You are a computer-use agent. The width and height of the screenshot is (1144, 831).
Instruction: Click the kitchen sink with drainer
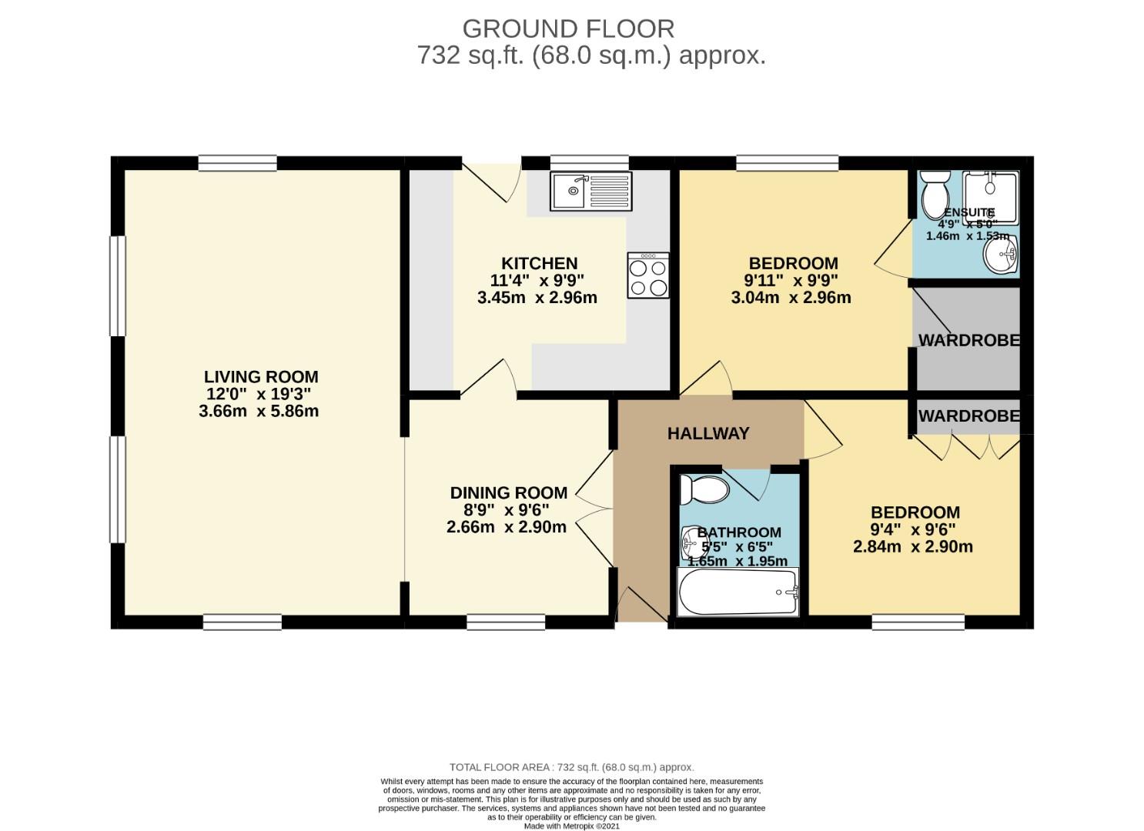[x=590, y=191]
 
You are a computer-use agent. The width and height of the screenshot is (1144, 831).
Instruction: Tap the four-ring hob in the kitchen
[x=647, y=275]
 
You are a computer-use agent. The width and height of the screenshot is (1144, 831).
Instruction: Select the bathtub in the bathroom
[x=738, y=592]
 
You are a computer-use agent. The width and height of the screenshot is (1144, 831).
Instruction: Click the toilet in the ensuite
[x=935, y=192]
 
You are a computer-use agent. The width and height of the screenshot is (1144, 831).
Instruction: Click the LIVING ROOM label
[x=261, y=377]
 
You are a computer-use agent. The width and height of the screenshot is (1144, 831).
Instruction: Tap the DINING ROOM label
[x=508, y=493]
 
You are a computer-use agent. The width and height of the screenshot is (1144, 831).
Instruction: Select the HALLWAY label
[x=707, y=433]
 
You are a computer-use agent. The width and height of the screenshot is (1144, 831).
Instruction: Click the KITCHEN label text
[x=539, y=264]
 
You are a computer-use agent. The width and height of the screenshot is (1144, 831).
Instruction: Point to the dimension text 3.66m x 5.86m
[x=259, y=412]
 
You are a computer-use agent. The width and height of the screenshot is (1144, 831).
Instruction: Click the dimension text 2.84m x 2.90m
[x=912, y=547]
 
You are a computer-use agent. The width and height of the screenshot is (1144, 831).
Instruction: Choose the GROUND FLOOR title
[x=568, y=29]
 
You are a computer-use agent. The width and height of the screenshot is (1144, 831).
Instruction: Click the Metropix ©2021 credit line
[x=571, y=826]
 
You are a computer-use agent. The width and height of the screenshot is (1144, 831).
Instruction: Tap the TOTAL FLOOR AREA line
[x=571, y=767]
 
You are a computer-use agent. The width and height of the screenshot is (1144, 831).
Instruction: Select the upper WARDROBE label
[x=968, y=340]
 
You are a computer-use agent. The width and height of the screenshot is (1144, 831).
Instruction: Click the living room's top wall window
[x=237, y=162]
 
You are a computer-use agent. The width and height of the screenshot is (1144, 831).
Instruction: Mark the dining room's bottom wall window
[x=506, y=622]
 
